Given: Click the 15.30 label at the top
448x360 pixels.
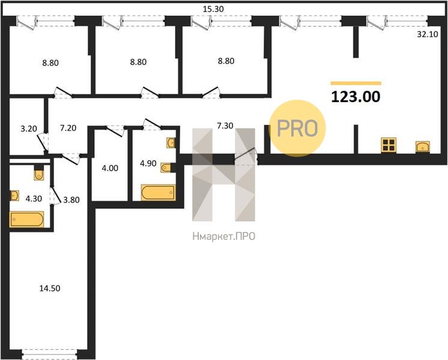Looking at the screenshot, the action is pos(213,9).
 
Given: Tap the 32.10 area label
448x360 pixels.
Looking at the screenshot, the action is pos(428,34).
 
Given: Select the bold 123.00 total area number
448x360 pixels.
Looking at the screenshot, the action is pos(356,97).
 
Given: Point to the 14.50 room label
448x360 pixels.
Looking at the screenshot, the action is pos(50,289).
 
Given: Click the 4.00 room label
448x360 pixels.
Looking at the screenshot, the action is pos(110,168).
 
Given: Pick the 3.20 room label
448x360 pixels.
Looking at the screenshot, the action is pos(29,129).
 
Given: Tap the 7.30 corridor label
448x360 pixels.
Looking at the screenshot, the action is pos(225,125).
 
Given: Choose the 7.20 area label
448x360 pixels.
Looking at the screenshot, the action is pos(68,128).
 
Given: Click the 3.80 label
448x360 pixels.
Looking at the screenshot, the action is pos(71,200).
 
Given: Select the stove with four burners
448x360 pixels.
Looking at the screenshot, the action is pos(389,145).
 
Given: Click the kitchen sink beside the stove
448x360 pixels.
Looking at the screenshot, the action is pos(423,146).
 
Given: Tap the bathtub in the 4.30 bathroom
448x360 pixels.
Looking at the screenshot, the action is pos(27,219).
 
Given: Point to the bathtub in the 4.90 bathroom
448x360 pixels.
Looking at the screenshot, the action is pos(159,193).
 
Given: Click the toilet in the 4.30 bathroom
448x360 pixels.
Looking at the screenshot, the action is pos(38,173).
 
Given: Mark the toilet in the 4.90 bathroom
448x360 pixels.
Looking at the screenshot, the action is pos(166,167).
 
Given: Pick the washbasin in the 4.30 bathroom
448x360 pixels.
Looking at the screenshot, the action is pos(14,196).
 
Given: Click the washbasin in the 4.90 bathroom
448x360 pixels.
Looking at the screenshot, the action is pos(171,143).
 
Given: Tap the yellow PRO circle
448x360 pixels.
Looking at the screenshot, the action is pos(297,128).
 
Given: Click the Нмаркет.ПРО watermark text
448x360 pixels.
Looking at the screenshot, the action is pos(224,236).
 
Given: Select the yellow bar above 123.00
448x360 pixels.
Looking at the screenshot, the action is pos(356,83).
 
